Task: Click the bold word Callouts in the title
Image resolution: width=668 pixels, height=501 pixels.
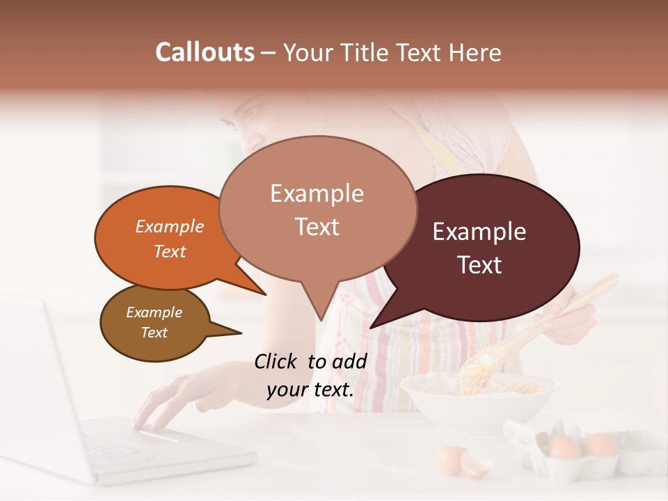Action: point(205,52)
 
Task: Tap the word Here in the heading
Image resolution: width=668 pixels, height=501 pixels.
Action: point(475,52)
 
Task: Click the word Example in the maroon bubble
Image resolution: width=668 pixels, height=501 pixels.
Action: point(479,232)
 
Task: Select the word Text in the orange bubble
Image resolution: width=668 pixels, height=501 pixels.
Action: point(169,251)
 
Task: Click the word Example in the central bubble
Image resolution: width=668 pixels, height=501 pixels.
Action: point(317,193)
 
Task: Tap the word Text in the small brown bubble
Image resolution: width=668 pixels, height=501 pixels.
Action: point(154,333)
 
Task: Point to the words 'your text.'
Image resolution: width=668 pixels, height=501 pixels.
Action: point(310,390)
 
